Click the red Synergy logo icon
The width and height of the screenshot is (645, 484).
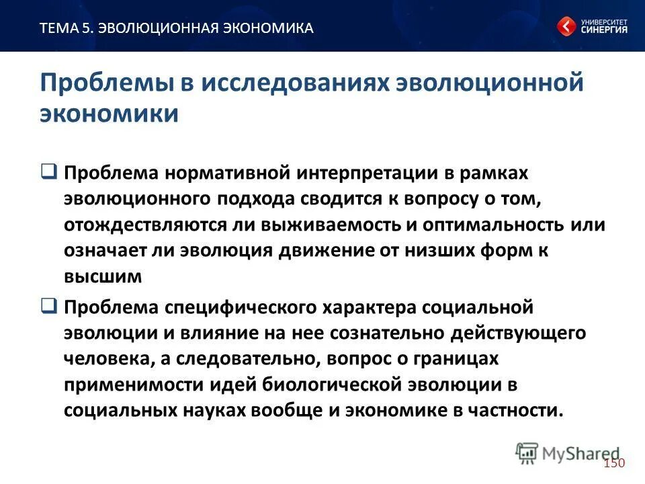(566, 27)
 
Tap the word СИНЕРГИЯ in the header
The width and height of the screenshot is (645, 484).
(604, 30)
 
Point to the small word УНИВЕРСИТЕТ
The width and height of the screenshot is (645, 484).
(604, 20)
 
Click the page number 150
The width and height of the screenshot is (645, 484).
(614, 463)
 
